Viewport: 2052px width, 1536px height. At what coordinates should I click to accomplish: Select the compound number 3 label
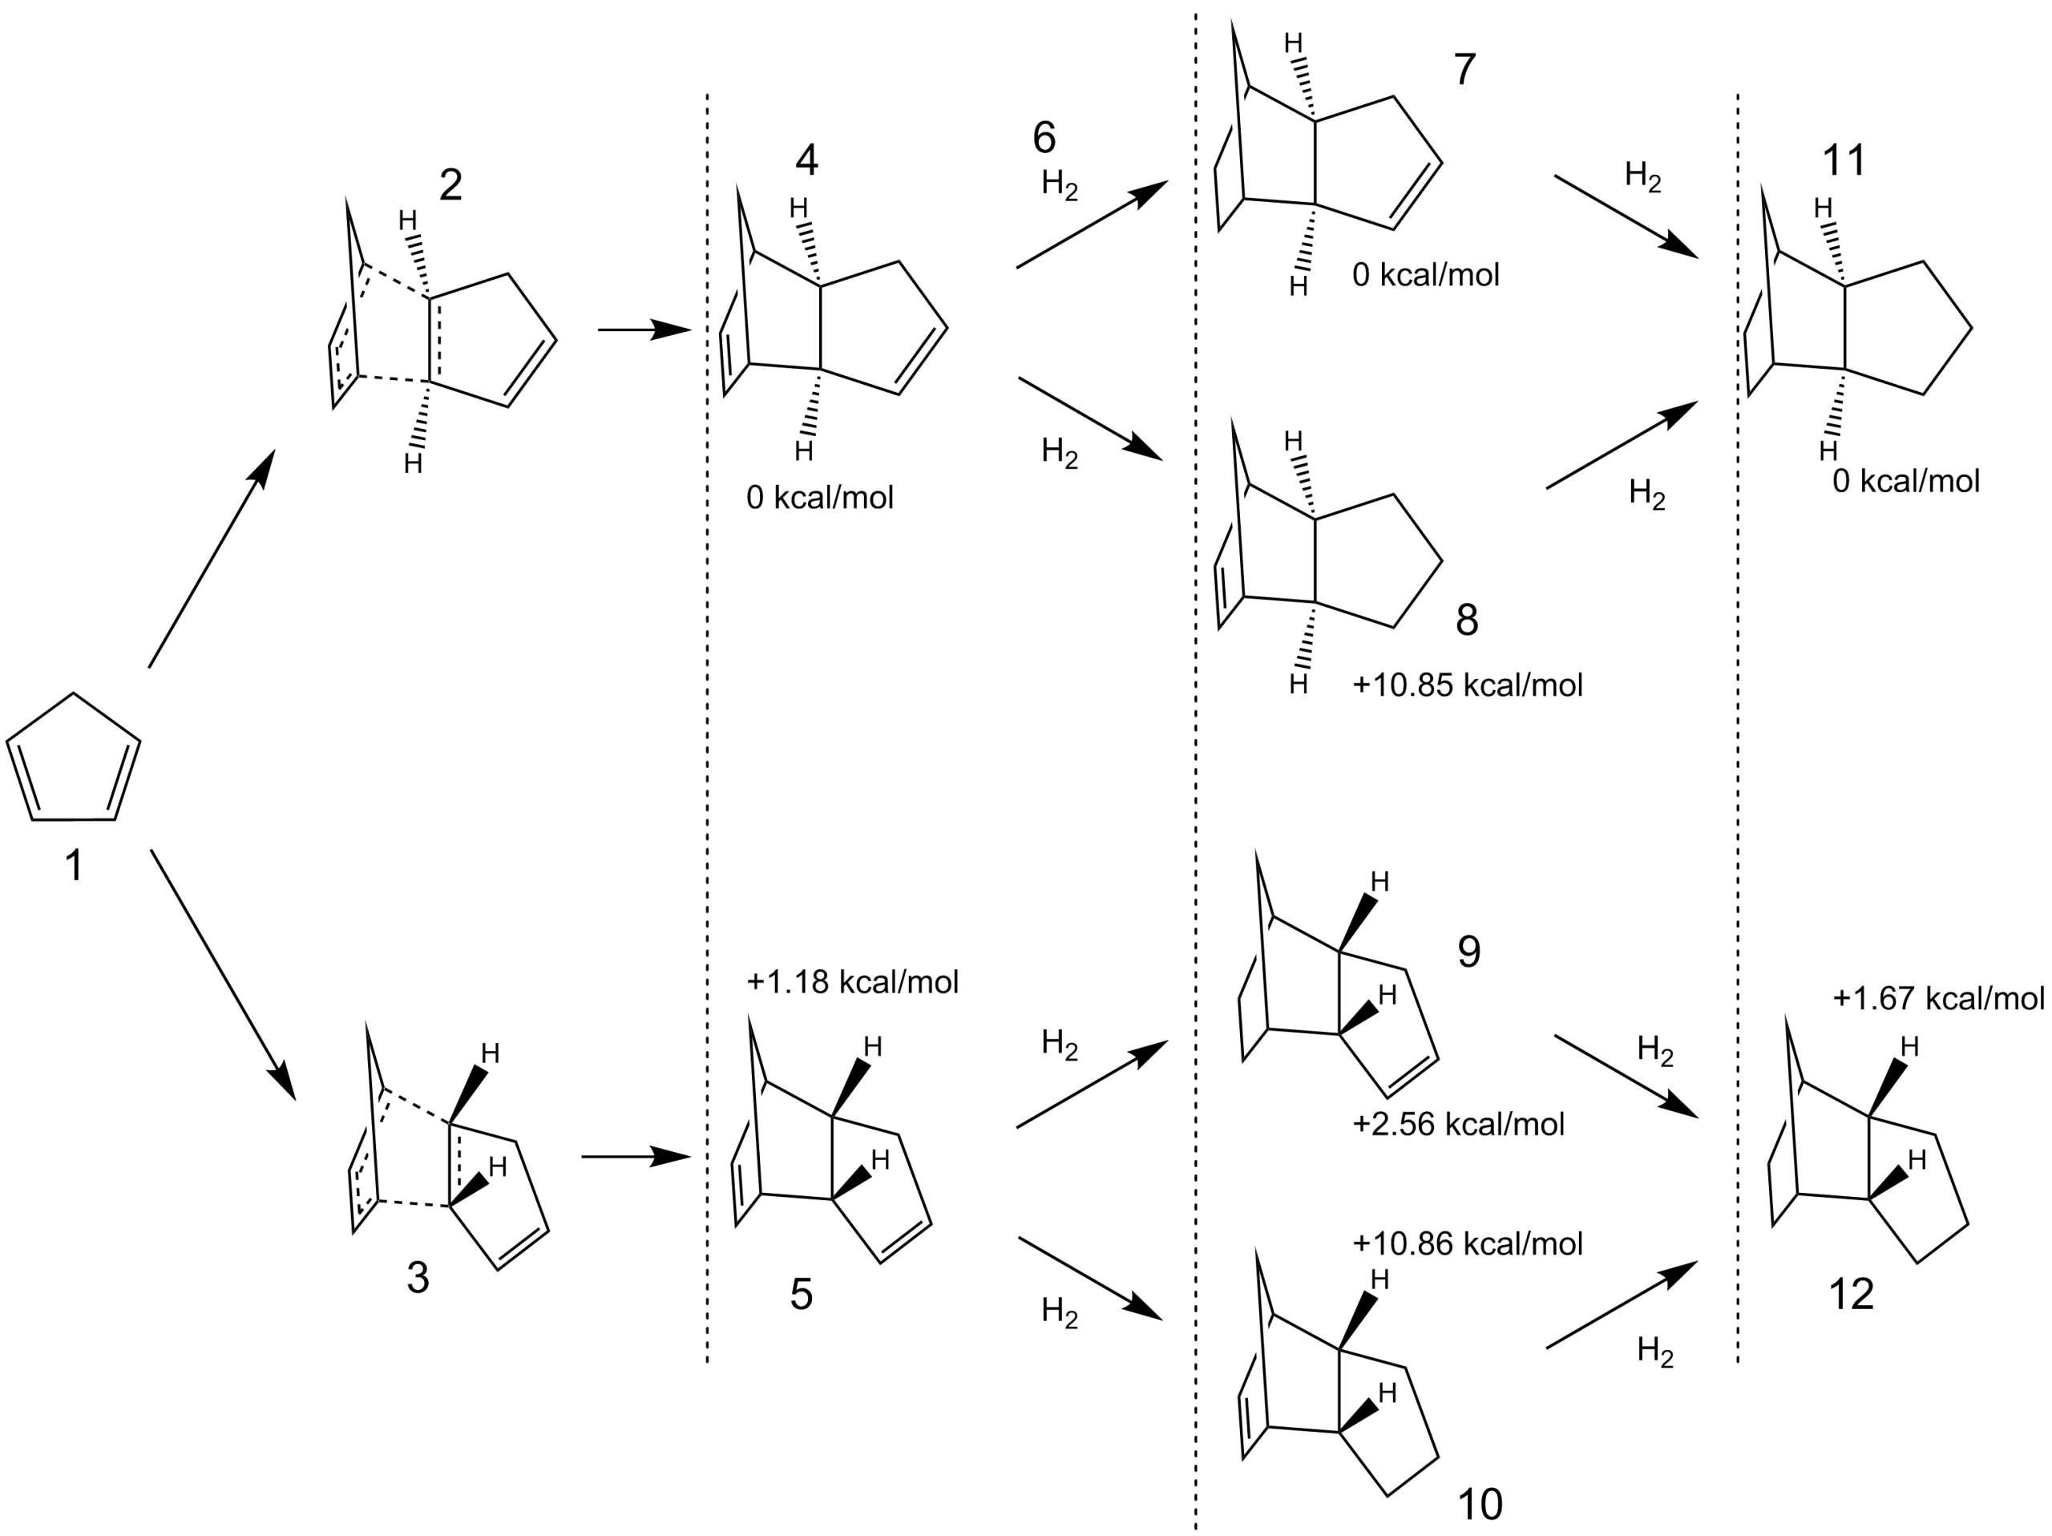point(418,1278)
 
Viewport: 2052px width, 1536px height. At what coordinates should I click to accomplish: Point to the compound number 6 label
point(1044,137)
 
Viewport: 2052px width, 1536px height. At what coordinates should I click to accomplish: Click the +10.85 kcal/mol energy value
point(1468,685)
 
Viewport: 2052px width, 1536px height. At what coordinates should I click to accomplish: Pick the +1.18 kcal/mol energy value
point(853,981)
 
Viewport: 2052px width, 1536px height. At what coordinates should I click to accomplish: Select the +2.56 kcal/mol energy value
point(1458,1123)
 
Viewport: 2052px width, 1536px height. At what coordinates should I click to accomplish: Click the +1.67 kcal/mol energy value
point(1939,998)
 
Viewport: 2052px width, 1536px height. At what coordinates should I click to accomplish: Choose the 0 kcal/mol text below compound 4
point(820,498)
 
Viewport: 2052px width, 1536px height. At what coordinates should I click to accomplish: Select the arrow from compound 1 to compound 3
point(223,974)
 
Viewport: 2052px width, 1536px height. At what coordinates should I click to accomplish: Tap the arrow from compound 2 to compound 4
point(644,329)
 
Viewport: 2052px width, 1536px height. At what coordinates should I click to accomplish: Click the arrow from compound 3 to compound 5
point(636,1157)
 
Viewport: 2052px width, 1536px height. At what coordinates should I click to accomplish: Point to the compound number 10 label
point(1480,1504)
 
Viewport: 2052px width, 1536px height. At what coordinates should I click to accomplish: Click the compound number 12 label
point(1851,1294)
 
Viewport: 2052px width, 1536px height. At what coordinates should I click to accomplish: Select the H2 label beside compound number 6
point(1060,184)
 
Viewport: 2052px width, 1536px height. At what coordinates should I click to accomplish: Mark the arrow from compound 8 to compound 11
point(1622,445)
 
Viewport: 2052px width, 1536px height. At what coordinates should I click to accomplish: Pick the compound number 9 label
point(1468,952)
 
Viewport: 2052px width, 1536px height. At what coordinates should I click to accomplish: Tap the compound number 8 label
point(1467,620)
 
